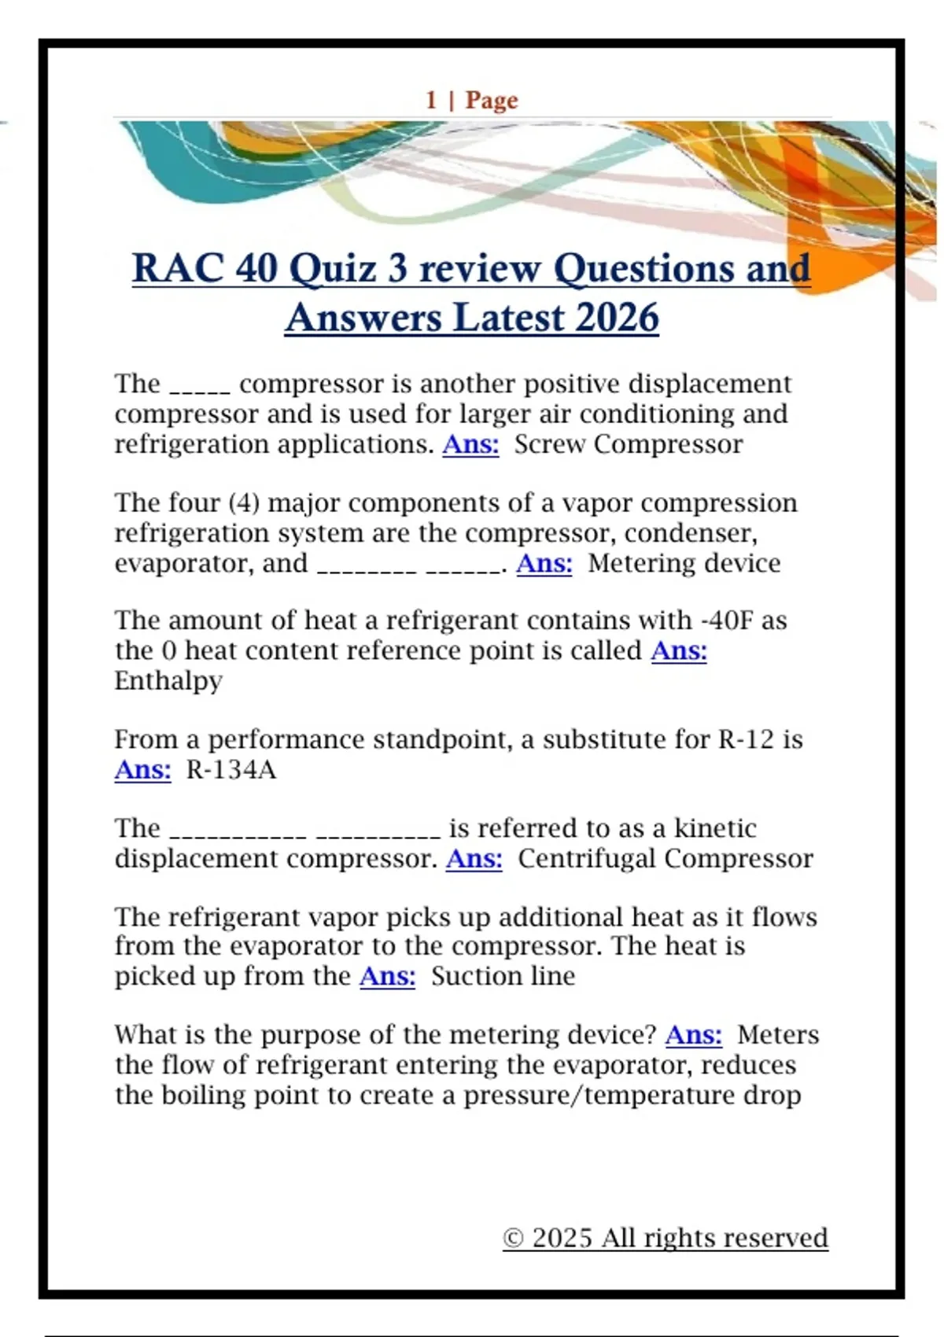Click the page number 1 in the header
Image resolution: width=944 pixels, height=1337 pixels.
click(x=431, y=100)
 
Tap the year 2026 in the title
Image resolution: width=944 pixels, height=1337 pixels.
click(x=617, y=318)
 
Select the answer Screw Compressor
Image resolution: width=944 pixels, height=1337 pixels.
click(x=628, y=444)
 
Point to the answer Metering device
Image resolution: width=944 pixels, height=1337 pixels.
click(x=684, y=563)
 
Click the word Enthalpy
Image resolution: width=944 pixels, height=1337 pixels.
click(x=168, y=680)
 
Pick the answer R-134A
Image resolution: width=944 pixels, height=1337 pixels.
click(x=231, y=769)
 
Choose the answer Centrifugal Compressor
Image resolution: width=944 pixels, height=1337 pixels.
click(x=665, y=858)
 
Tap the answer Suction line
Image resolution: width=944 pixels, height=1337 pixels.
click(x=503, y=976)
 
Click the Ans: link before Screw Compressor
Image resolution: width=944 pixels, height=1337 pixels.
click(x=470, y=444)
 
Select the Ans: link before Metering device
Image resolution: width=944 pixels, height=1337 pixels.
click(x=544, y=563)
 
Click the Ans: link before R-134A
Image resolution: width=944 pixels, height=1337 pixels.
click(x=142, y=769)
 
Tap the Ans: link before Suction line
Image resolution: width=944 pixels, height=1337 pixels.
click(x=387, y=976)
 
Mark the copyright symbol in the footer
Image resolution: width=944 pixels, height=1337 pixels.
click(x=513, y=1238)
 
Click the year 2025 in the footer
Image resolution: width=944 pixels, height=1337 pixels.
click(x=562, y=1238)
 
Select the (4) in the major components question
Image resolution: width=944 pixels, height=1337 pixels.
click(x=244, y=503)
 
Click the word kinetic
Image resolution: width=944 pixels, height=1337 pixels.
click(x=715, y=828)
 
